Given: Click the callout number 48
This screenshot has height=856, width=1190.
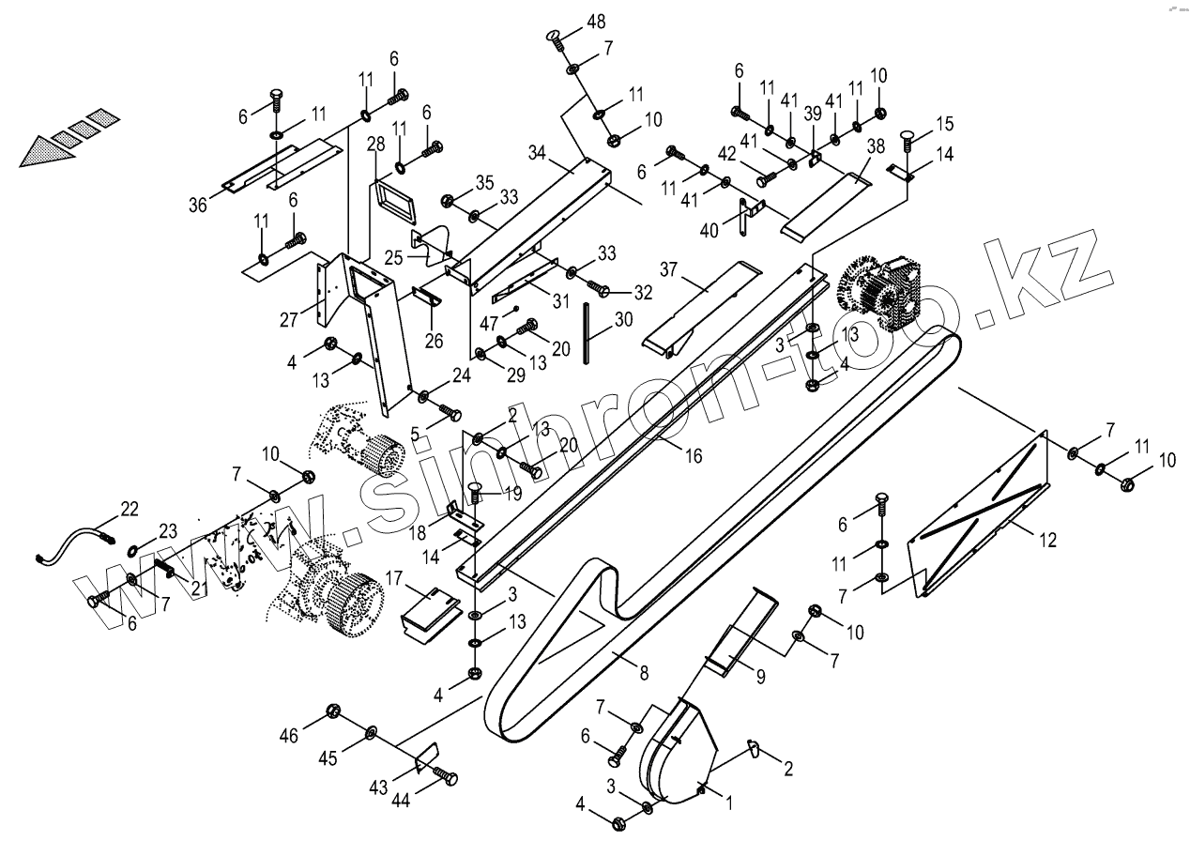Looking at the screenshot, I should click(x=596, y=22).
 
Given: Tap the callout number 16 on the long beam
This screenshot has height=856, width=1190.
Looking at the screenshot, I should click(x=693, y=456).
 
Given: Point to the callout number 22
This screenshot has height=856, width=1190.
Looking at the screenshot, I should click(x=130, y=510).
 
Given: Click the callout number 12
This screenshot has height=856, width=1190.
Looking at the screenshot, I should click(x=1047, y=540).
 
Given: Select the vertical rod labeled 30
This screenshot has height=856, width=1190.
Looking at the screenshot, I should click(x=587, y=330).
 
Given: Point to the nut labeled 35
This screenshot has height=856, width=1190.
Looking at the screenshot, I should click(x=449, y=200).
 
